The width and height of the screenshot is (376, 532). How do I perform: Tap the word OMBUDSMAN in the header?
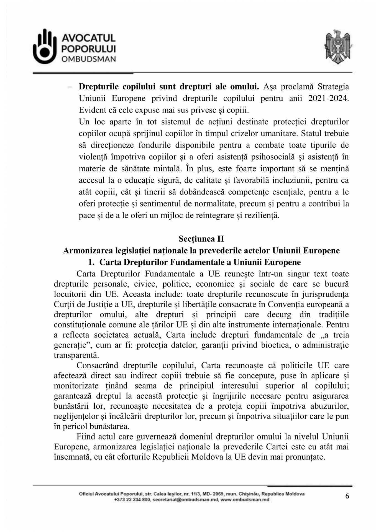[88, 59]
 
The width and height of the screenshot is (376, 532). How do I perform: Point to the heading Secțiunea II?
[201, 239]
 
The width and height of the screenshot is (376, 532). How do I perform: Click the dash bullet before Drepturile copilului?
[70, 87]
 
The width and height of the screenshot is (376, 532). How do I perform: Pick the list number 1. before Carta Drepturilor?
[91, 262]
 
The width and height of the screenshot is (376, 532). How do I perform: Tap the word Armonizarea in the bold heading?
[85, 250]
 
